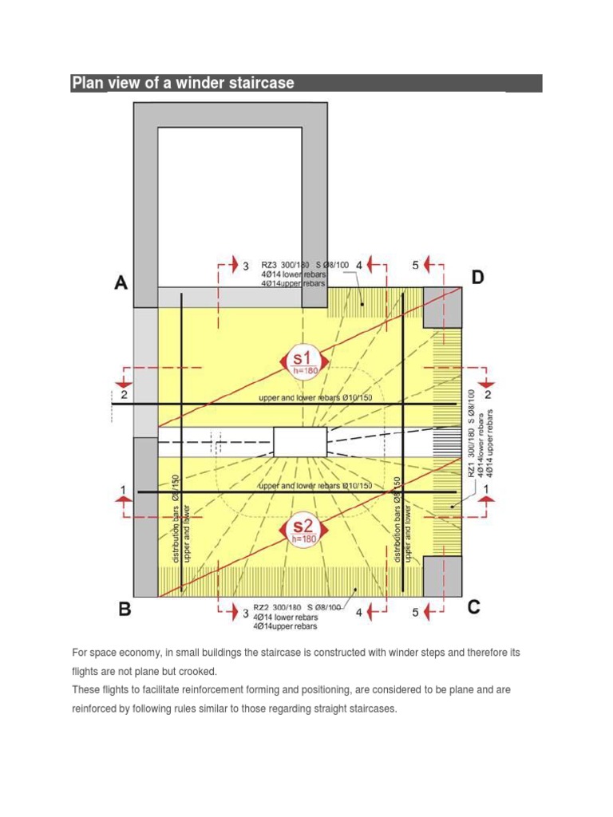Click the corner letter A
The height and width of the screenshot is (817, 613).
121,282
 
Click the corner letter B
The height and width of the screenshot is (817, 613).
125,610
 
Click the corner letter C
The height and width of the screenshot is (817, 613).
474,608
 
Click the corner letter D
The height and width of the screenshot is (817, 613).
477,278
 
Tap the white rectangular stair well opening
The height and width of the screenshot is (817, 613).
300,441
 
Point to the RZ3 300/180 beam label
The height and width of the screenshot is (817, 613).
285,265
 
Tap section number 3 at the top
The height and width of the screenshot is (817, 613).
246,266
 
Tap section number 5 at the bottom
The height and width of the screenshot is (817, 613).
415,613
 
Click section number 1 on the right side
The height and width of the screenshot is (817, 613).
488,487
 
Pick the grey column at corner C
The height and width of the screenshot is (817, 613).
442,576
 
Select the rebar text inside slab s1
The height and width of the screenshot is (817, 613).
315,397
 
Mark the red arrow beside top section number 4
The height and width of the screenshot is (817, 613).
378,265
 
